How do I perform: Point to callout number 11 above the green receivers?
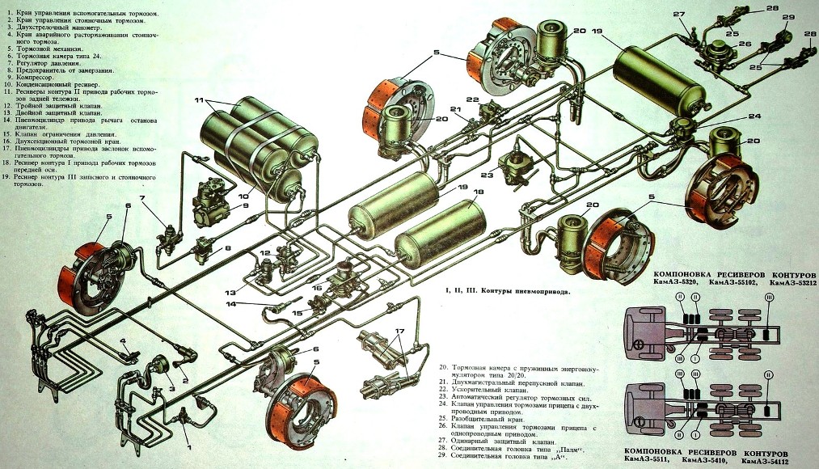[198, 100]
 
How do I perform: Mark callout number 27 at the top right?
[678, 15]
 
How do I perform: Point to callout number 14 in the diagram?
[230, 304]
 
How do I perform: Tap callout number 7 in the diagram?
[141, 198]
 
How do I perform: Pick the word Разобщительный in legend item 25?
[485, 420]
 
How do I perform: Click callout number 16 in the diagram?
[316, 287]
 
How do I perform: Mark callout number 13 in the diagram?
[230, 291]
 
